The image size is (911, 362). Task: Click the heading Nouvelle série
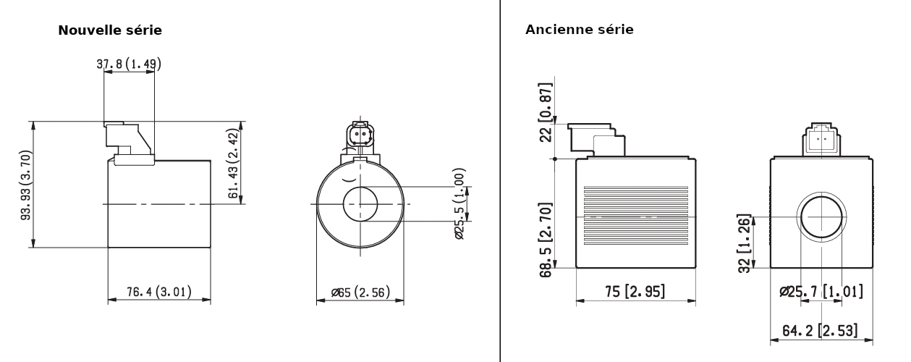(x=110, y=30)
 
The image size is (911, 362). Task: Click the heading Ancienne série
(x=579, y=30)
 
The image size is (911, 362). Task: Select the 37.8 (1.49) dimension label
(x=129, y=64)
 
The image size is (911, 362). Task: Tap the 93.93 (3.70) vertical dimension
(x=26, y=185)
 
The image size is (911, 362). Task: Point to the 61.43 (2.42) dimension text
(x=234, y=164)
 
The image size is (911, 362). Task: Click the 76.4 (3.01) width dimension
(x=159, y=292)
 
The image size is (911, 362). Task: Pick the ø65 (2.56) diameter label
(x=360, y=292)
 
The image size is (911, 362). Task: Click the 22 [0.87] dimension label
(x=546, y=113)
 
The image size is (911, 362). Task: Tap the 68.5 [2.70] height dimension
(x=546, y=240)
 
